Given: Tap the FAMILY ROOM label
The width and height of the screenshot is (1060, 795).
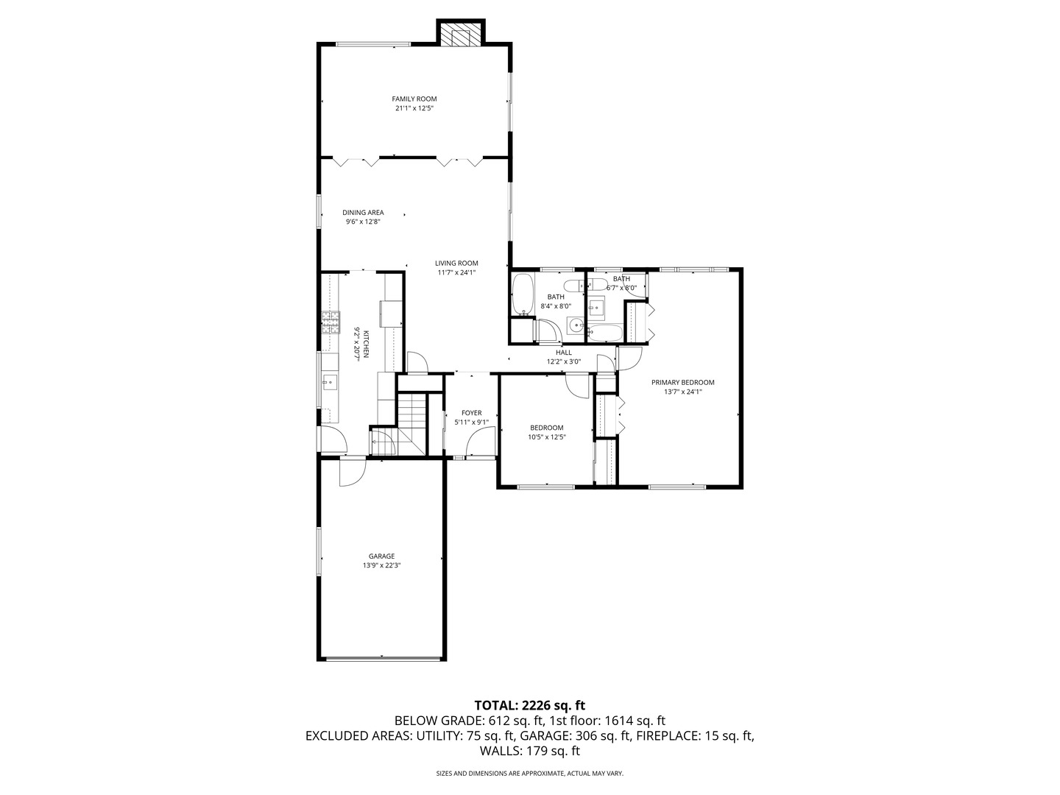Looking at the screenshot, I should pyautogui.click(x=414, y=99).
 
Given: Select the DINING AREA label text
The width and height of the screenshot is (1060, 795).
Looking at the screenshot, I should pyautogui.click(x=363, y=213).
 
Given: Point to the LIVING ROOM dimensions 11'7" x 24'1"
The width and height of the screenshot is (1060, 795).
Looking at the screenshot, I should pyautogui.click(x=456, y=272).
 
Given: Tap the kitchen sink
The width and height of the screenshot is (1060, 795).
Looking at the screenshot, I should pyautogui.click(x=330, y=381).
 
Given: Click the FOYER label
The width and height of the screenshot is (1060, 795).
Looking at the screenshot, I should pyautogui.click(x=471, y=413).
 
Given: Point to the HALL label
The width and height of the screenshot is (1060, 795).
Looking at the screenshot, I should pyautogui.click(x=564, y=353).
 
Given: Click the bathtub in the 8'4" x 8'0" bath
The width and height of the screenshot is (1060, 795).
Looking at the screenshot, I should pyautogui.click(x=522, y=295).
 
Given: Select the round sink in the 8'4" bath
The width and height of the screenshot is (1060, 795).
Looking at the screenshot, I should pyautogui.click(x=575, y=324).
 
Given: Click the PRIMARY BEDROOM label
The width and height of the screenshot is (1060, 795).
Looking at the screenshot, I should pyautogui.click(x=682, y=382).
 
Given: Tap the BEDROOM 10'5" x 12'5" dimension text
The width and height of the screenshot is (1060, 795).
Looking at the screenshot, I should pyautogui.click(x=546, y=437).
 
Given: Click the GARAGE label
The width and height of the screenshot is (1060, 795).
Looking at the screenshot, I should pyautogui.click(x=381, y=556).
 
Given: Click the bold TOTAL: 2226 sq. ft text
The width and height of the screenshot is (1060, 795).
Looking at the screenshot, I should pyautogui.click(x=529, y=704).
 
